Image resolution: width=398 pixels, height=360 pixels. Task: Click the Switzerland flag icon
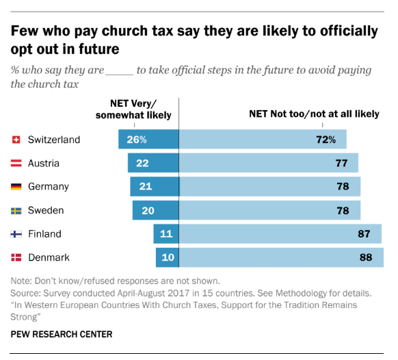16,140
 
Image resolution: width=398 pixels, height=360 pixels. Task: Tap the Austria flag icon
16,164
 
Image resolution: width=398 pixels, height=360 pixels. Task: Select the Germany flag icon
16,187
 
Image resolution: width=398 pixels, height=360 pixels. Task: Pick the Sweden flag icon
16,210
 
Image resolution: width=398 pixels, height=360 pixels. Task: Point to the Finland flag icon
16,234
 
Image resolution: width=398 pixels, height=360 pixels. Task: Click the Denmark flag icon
16,258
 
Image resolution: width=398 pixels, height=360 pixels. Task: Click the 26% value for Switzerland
137,140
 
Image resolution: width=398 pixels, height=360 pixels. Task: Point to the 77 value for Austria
342,164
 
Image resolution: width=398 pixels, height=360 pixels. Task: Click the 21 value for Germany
146,187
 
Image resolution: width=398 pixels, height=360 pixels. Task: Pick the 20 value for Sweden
148,210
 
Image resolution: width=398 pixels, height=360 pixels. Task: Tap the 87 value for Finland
364,234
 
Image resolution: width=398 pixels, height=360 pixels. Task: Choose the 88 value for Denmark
366,258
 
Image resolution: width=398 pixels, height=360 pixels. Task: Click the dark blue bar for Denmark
167,258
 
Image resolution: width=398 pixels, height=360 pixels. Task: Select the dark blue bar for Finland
165,234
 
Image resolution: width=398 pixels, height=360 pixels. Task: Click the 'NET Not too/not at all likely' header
313,114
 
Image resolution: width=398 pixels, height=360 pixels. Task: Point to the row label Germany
49,187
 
